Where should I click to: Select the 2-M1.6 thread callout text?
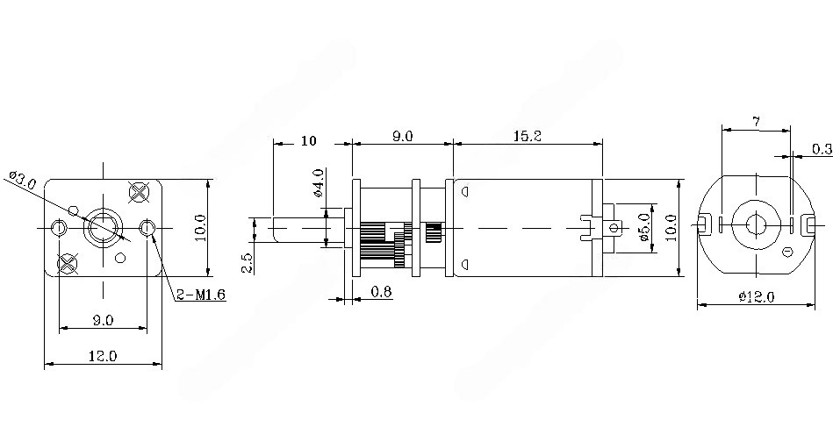[201, 295]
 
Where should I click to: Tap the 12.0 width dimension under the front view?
[103, 355]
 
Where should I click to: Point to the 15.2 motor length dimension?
[527, 136]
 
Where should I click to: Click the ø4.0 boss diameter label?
[319, 183]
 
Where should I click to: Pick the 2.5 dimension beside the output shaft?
[248, 263]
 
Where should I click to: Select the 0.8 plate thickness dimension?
[381, 291]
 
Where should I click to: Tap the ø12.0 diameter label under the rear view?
[757, 296]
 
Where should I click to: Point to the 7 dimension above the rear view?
[756, 122]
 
